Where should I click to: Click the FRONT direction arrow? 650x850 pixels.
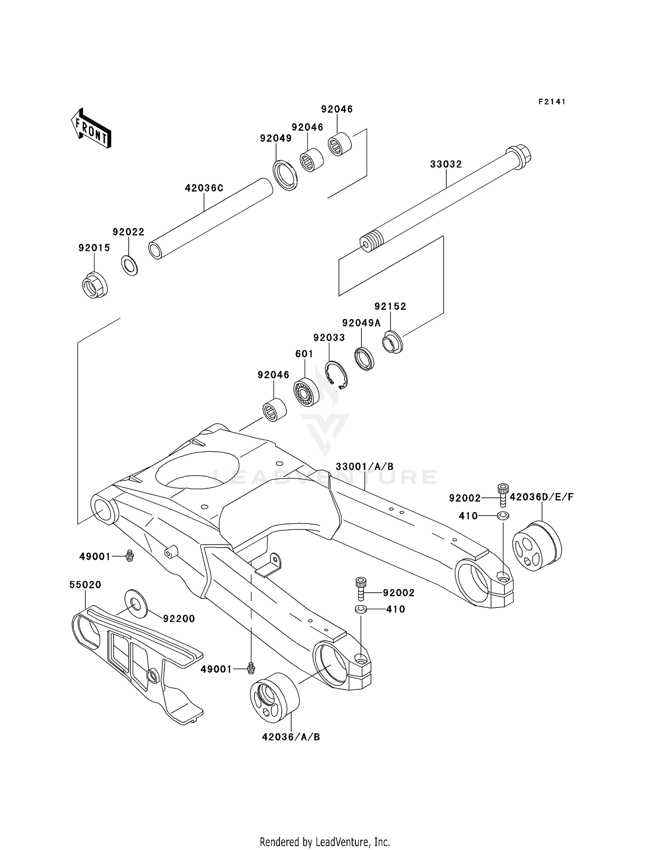coord(91,129)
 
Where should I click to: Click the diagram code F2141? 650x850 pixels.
coord(552,102)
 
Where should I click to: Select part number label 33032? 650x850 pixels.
coord(446,164)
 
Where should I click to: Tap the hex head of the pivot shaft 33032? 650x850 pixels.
coord(519,156)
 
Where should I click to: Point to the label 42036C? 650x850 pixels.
coord(204,188)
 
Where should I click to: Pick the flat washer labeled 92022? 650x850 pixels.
coord(129,266)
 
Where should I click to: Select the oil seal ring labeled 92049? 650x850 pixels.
coord(285,175)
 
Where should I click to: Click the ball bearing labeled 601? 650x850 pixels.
coord(306,392)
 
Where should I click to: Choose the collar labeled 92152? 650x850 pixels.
coord(392,342)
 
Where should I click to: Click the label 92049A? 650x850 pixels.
coord(361,323)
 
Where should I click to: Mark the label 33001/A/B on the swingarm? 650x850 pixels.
coord(364,467)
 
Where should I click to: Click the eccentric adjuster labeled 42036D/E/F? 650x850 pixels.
coord(536,547)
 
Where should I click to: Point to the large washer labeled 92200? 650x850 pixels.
coord(136,602)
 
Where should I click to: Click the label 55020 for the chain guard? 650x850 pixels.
coord(85,585)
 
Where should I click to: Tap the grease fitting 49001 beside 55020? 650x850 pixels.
coord(129,555)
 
